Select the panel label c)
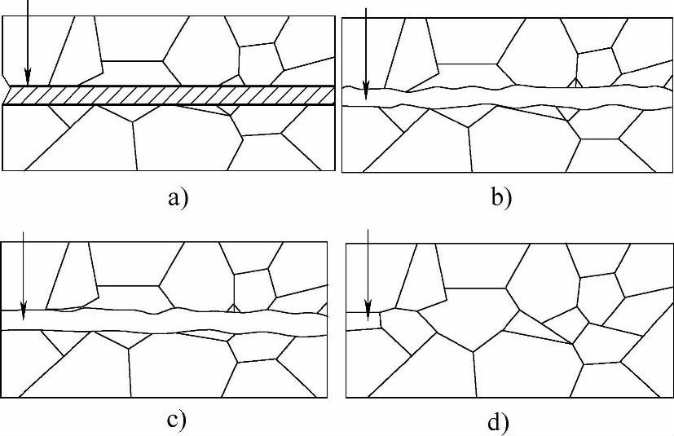coord(176,421)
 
